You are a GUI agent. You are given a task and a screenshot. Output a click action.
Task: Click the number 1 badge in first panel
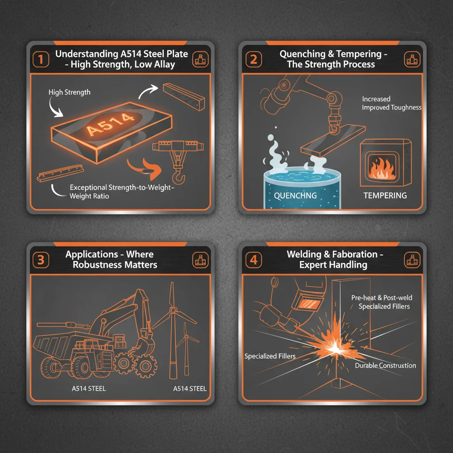41,59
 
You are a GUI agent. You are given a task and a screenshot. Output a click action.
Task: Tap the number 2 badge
253,59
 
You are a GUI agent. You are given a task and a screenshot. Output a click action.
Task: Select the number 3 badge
41,260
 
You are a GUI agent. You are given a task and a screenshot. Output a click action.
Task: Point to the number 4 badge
253,260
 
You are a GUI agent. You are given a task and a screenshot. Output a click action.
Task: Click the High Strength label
69,92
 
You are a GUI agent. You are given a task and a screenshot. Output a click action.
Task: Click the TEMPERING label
385,195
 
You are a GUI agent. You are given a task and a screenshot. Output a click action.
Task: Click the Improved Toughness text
392,107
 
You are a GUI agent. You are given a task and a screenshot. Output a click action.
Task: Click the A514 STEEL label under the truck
88,389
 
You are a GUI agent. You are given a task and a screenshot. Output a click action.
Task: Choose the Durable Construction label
385,366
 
